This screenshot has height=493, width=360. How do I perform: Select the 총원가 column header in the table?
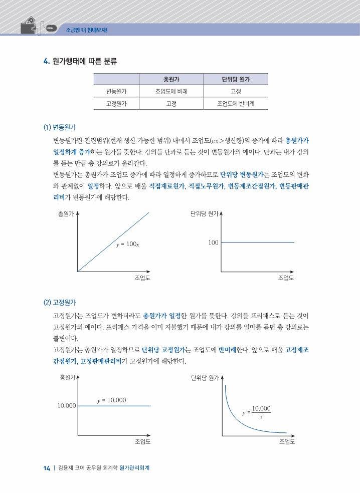[172, 79]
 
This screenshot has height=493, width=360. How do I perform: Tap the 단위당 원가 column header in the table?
[236, 79]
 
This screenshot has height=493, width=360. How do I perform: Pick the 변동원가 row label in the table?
[116, 92]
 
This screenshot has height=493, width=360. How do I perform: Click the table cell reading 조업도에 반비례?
[236, 104]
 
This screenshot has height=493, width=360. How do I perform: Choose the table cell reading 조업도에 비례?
[171, 92]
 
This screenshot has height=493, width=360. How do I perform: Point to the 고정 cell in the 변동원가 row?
[236, 92]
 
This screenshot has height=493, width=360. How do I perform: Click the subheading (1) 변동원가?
[60, 127]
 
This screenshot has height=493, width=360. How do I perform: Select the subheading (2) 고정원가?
[60, 303]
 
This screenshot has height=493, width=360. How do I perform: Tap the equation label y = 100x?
[128, 244]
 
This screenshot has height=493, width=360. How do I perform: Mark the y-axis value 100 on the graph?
[213, 243]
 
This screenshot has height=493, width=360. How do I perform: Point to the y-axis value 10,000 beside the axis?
[66, 405]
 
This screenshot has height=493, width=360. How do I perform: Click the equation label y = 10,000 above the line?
[111, 400]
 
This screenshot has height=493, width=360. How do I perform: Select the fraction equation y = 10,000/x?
[256, 412]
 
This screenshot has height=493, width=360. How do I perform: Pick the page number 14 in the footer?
[47, 468]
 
